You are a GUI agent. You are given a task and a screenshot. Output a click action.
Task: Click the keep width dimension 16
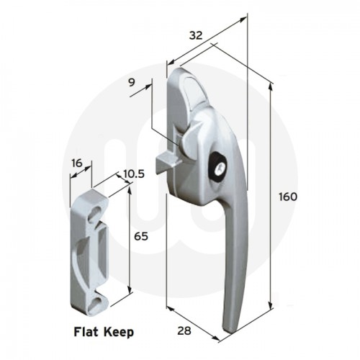77,163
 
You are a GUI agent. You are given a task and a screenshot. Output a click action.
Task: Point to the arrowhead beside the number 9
152,86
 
